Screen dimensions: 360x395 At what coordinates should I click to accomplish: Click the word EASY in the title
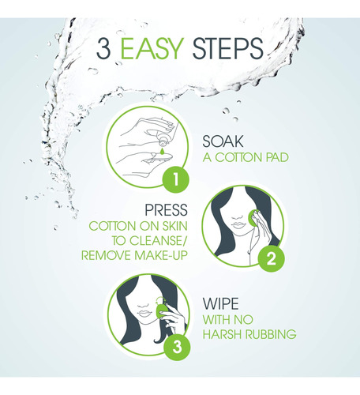[x=152, y=49]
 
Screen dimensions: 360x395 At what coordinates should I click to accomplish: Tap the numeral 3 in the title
[x=103, y=49]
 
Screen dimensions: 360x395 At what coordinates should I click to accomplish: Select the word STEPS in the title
[x=228, y=49]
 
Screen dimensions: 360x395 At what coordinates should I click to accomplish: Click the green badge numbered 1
[x=175, y=180]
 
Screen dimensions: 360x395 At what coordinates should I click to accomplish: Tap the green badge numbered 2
[x=272, y=258]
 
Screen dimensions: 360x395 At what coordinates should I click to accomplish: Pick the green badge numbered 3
[x=177, y=347]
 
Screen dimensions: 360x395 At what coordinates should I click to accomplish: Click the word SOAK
[x=223, y=141]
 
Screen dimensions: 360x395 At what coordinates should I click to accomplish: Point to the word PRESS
[x=167, y=210]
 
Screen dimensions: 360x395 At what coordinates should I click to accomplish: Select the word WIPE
[x=220, y=303]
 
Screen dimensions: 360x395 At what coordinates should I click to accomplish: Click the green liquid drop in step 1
[x=162, y=151]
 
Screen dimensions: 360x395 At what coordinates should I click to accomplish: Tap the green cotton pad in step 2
[x=253, y=218]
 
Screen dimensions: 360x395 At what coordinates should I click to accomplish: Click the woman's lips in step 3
[x=144, y=314]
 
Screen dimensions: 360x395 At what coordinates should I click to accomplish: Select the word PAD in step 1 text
[x=277, y=157]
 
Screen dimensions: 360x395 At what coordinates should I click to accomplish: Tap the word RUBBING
[x=271, y=334]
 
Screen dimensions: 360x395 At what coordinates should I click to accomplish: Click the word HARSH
[x=223, y=334]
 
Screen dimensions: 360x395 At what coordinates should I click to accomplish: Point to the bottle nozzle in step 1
[x=163, y=143]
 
